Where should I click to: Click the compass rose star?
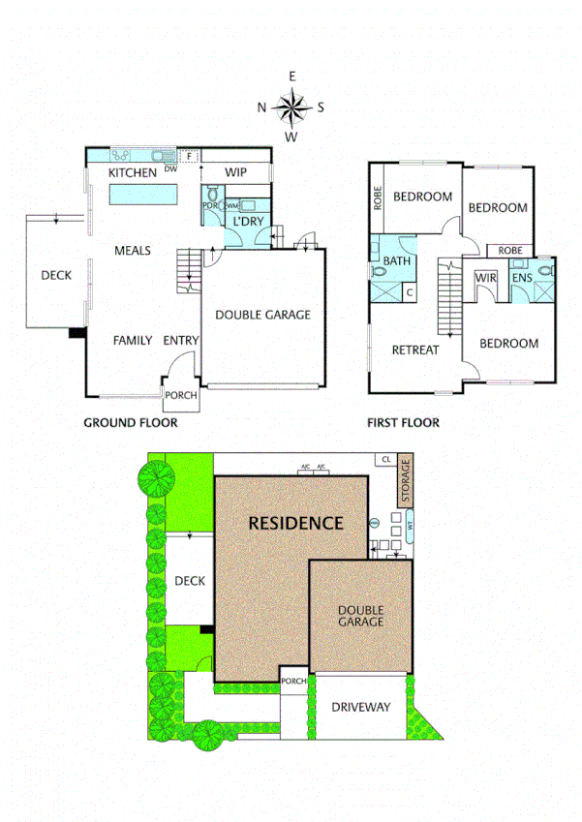pyautogui.click(x=291, y=107)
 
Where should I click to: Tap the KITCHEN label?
pyautogui.click(x=132, y=172)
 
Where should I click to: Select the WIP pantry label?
pyautogui.click(x=236, y=172)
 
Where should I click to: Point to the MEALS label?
pyautogui.click(x=133, y=251)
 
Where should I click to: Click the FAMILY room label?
pyautogui.click(x=132, y=340)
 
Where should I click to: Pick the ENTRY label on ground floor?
pyautogui.click(x=181, y=340)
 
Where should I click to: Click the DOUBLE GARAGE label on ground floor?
pyautogui.click(x=262, y=315)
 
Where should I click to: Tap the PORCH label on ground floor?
pyautogui.click(x=181, y=395)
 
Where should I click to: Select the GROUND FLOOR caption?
pyautogui.click(x=130, y=422)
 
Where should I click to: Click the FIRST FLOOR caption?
pyautogui.click(x=403, y=422)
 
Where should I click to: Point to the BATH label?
pyautogui.click(x=397, y=261)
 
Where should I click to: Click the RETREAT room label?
pyautogui.click(x=414, y=350)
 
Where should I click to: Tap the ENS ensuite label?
pyautogui.click(x=522, y=278)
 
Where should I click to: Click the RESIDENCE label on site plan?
pyautogui.click(x=295, y=523)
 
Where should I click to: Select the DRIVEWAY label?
pyautogui.click(x=361, y=708)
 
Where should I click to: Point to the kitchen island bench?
pyautogui.click(x=142, y=195)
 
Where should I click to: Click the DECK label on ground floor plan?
pyautogui.click(x=56, y=276)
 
